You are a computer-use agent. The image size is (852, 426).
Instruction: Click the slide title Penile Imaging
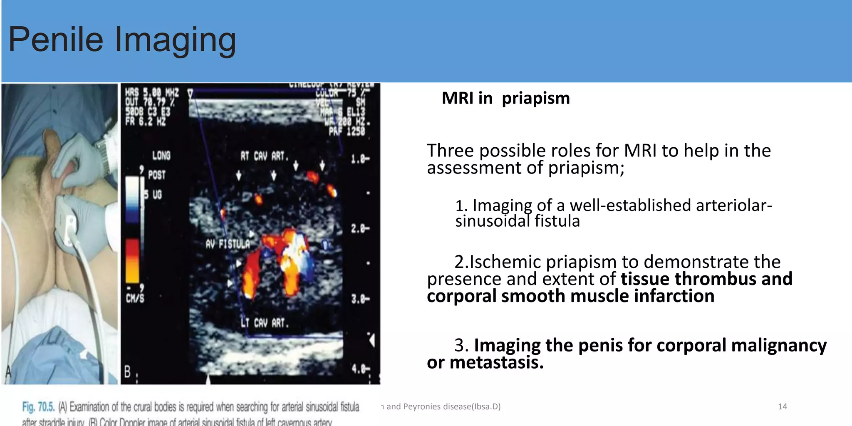(122, 40)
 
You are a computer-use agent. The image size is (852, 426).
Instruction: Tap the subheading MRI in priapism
(505, 99)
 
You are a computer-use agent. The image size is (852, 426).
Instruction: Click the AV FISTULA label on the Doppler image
(228, 244)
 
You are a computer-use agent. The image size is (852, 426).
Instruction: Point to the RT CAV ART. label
(264, 156)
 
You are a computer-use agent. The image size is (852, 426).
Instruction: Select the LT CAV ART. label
(265, 323)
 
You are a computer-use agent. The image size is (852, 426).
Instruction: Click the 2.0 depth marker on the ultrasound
(359, 228)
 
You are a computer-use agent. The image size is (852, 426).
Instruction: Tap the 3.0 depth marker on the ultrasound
(359, 299)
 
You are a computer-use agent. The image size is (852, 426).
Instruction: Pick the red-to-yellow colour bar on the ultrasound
(132, 261)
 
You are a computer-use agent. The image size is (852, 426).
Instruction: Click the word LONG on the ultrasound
(161, 156)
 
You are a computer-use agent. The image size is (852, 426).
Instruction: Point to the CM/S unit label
(135, 297)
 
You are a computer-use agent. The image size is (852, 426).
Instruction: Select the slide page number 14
(782, 406)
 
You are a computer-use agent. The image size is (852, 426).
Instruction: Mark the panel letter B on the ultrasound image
(128, 372)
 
